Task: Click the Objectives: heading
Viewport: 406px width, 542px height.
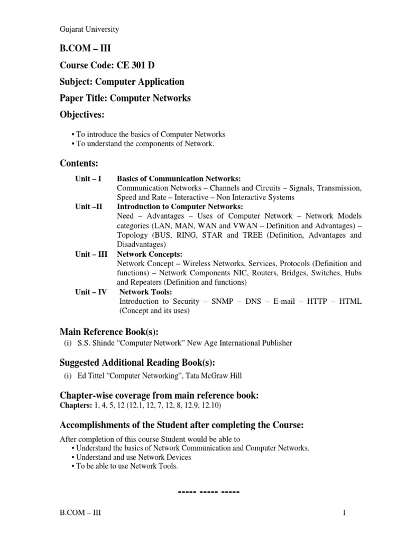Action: coord(82,115)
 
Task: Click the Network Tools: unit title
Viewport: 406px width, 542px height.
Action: coord(146,292)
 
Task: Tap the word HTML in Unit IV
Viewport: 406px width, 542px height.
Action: coord(350,301)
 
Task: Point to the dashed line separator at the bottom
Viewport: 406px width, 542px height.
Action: coord(210,492)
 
